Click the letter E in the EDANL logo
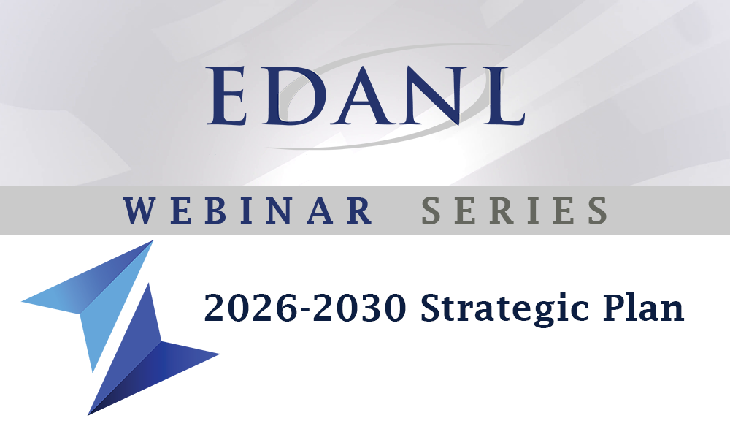point(227,96)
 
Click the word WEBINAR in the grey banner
point(247,210)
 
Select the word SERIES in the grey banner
point(515,210)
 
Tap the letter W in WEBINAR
point(139,210)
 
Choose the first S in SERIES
point(431,210)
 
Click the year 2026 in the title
point(250,308)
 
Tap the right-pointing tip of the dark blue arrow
point(219,354)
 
